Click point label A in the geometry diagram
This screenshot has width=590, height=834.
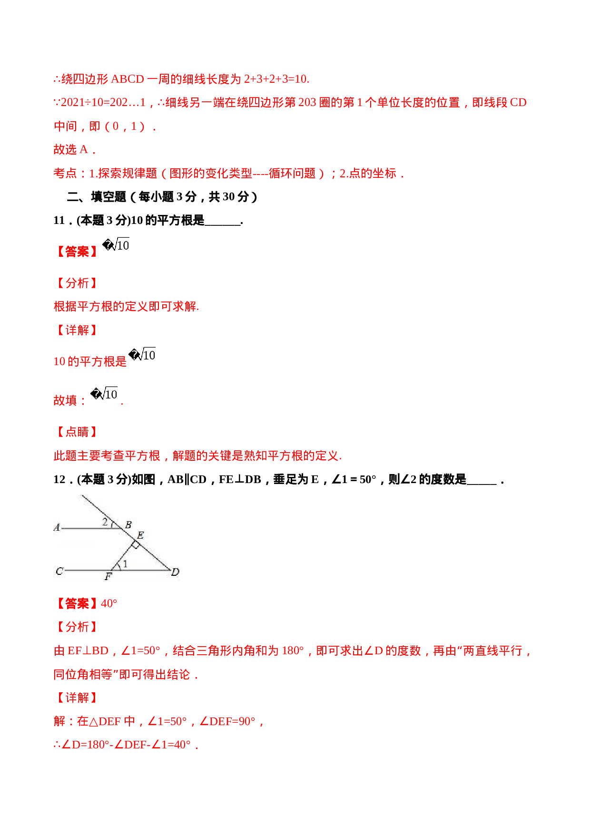click(57, 527)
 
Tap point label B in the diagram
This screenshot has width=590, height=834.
click(128, 525)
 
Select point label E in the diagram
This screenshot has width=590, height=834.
click(140, 535)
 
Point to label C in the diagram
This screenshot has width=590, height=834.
click(59, 571)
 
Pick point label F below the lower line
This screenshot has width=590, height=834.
click(108, 576)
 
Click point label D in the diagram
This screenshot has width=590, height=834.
click(175, 572)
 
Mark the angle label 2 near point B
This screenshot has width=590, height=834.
click(105, 522)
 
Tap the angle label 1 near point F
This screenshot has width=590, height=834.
click(125, 564)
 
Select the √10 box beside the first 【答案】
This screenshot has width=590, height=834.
click(117, 244)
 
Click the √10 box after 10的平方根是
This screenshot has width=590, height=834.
click(143, 354)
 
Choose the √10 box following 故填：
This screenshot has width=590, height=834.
click(105, 393)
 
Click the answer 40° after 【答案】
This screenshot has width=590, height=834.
click(109, 603)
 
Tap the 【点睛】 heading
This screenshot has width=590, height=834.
click(77, 432)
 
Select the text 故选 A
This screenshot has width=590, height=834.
click(74, 150)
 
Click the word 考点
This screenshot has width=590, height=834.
click(65, 174)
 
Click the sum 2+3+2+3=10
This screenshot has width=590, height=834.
click(276, 79)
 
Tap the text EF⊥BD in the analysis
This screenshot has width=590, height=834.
click(88, 650)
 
